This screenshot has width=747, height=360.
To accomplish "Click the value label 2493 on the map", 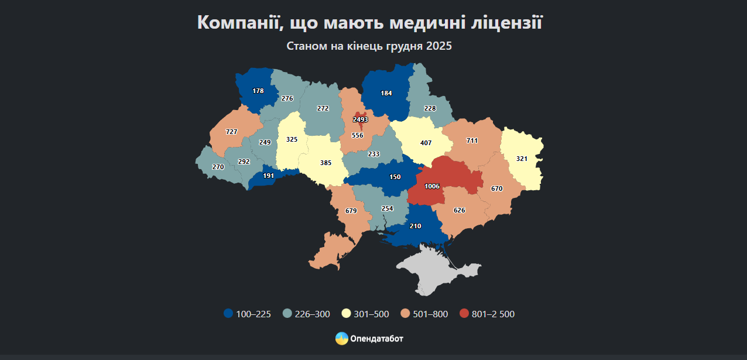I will (x=360, y=119).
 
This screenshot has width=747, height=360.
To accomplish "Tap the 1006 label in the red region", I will (x=432, y=186).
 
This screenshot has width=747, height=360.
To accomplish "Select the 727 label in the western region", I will (x=231, y=132).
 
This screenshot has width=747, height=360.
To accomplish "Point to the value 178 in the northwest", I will (x=258, y=91).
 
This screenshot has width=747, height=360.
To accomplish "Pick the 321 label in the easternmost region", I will (x=522, y=159).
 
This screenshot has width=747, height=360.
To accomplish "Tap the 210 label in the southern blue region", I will (x=416, y=226).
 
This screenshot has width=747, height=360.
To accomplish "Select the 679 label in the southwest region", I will (x=351, y=211).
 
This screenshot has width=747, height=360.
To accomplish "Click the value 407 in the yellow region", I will (x=426, y=142).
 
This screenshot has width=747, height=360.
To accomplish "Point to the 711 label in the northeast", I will (x=472, y=141).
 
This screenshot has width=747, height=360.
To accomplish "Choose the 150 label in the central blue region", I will (x=395, y=177).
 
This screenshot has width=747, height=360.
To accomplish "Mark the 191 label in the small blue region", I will (x=269, y=176).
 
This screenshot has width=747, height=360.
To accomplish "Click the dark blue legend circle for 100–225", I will (x=228, y=314).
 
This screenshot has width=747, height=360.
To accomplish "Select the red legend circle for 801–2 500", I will (x=464, y=314).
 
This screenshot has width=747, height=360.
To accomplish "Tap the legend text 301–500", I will (x=371, y=314).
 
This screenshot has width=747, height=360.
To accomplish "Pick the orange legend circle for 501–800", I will (x=405, y=314).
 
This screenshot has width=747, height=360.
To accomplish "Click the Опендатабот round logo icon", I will (x=341, y=338).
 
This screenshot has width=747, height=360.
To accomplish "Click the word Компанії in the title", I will (x=238, y=23).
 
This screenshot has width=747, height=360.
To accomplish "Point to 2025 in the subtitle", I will (x=439, y=46).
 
